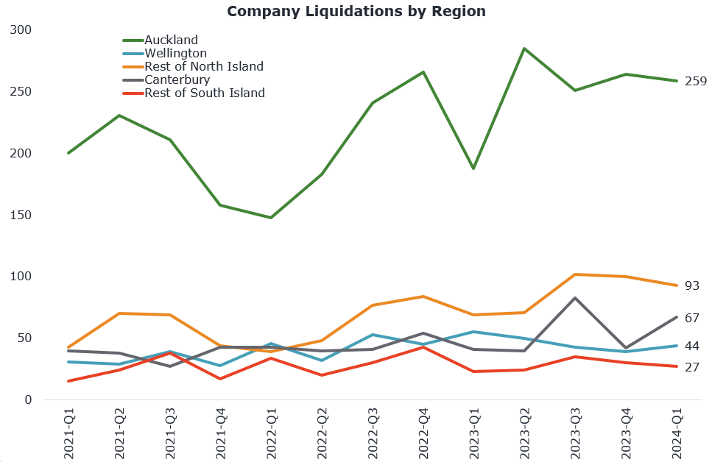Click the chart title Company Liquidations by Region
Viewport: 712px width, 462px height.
[x=356, y=11]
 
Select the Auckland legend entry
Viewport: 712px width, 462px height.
[x=171, y=40]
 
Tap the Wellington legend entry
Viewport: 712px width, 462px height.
[x=175, y=53]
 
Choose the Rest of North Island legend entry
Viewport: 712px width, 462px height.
[x=203, y=66]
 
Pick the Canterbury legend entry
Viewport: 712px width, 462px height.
[x=177, y=79]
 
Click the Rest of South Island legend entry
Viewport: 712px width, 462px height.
[x=204, y=93]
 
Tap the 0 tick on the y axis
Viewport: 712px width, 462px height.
[x=29, y=400]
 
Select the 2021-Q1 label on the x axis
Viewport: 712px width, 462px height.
[x=69, y=434]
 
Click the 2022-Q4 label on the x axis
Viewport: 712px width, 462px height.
[x=423, y=434]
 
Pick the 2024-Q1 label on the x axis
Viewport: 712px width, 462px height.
[x=676, y=434]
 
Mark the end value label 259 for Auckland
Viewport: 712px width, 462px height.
[x=695, y=81]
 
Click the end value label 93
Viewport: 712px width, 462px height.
[x=691, y=285]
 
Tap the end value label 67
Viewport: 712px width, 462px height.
[x=691, y=318]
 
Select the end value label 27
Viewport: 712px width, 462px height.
[x=691, y=366]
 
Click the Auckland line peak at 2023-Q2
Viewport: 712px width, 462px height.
[x=524, y=49]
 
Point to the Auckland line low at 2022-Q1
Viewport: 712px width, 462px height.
[x=271, y=218]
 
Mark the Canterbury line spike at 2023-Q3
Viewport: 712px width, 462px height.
[x=575, y=298]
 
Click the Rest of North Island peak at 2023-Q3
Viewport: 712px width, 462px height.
[x=575, y=274]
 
